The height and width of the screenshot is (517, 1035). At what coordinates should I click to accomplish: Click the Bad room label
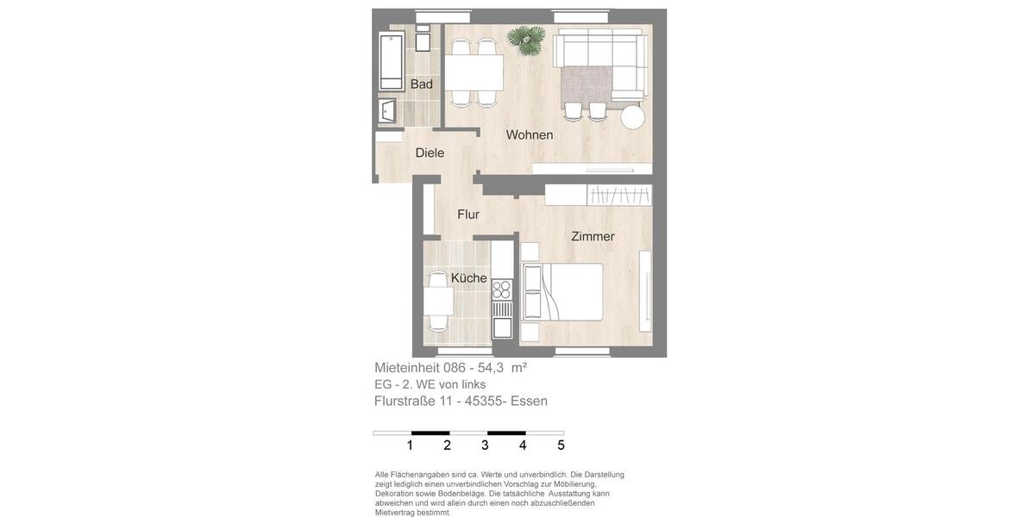(422, 84)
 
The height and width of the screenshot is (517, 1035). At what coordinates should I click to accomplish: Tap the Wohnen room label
(530, 135)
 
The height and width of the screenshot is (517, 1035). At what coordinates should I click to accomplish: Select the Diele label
(430, 153)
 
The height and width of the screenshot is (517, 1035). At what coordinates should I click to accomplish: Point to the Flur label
(468, 215)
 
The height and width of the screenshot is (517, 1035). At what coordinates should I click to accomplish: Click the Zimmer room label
(593, 237)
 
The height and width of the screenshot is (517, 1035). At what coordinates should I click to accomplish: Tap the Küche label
(468, 278)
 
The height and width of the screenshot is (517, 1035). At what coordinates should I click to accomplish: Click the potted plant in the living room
(525, 38)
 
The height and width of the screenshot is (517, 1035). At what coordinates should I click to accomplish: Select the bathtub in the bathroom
(392, 61)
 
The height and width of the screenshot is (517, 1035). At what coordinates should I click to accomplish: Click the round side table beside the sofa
(633, 116)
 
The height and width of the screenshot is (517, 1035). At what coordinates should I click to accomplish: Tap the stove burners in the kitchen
(501, 290)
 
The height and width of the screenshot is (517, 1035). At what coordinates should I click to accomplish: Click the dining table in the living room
(474, 73)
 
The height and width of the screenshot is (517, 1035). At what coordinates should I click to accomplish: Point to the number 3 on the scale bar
(485, 445)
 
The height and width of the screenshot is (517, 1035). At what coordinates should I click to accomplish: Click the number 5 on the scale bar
(561, 445)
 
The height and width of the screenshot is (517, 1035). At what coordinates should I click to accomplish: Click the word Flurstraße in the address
(405, 401)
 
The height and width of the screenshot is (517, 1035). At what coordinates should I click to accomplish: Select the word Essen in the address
(529, 401)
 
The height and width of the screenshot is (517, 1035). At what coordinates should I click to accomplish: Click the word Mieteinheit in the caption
(407, 368)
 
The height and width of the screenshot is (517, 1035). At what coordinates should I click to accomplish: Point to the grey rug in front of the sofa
(586, 84)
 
